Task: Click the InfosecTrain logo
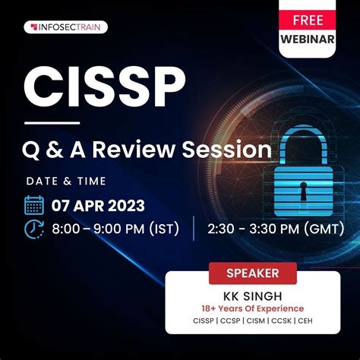click(68, 27)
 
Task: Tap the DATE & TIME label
click(66, 181)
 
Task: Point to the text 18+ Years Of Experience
click(254, 308)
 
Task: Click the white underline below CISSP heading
click(52, 122)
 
